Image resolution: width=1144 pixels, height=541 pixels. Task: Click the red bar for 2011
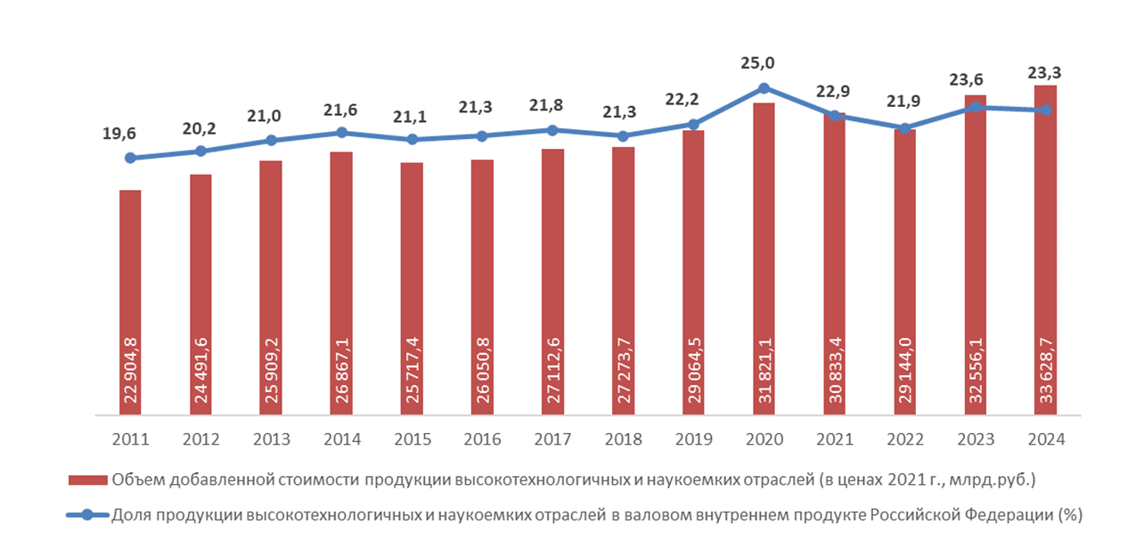pos(130,267)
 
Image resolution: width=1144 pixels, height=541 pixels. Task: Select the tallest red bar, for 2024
pos(1046,223)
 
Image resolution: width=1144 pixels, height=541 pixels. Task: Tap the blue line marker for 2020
pos(764,87)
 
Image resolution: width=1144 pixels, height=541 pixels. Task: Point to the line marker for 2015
pos(412,139)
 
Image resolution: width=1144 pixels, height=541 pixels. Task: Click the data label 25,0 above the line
pos(757,62)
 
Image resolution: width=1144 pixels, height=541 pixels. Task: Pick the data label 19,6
pos(120,134)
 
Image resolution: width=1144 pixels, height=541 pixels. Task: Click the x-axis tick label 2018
pos(623,439)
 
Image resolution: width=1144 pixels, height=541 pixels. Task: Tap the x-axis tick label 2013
pos(271,439)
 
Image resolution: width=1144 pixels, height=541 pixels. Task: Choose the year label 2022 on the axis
pos(904,439)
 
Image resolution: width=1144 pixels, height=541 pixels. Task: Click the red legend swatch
pos(88,480)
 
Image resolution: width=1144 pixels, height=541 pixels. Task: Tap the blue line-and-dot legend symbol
pos(88,515)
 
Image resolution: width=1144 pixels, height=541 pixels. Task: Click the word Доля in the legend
pos(130,515)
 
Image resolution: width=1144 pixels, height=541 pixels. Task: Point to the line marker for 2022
pos(904,128)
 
